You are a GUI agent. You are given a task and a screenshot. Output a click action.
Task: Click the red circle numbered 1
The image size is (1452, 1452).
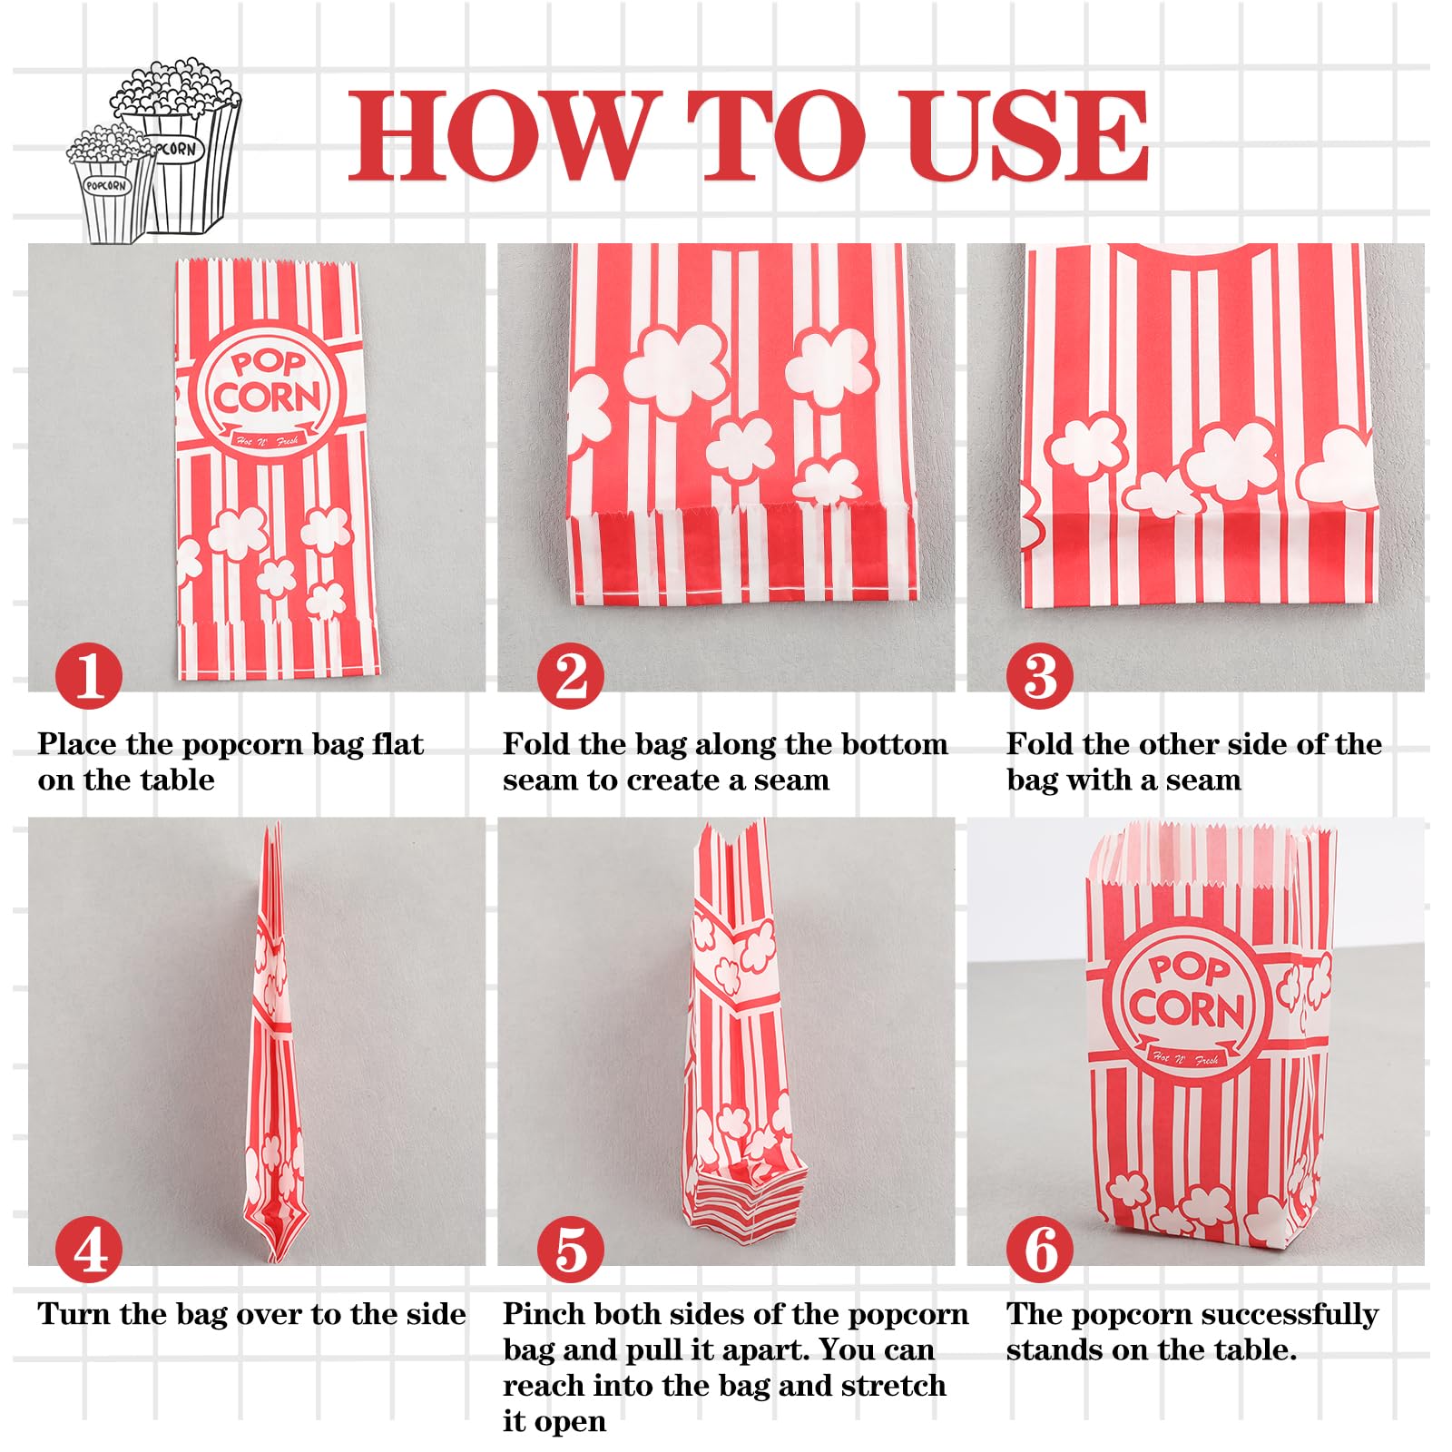[88, 676]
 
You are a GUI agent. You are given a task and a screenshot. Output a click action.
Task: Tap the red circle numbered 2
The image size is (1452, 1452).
[571, 676]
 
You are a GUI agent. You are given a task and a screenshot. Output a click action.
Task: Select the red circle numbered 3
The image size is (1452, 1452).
[1040, 676]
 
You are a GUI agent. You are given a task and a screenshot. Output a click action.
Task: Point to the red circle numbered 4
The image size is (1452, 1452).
[88, 1250]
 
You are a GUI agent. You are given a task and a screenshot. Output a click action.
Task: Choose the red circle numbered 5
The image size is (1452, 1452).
[571, 1250]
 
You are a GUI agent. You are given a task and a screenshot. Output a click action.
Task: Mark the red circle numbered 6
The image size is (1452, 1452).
[1040, 1250]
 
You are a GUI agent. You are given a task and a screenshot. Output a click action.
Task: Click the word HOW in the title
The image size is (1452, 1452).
[500, 135]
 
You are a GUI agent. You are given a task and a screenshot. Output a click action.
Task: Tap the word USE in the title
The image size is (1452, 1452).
[1026, 135]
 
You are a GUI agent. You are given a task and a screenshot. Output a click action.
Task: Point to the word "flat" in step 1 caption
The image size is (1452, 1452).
[397, 744]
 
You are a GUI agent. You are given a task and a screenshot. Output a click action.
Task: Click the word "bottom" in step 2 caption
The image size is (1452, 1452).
[892, 744]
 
